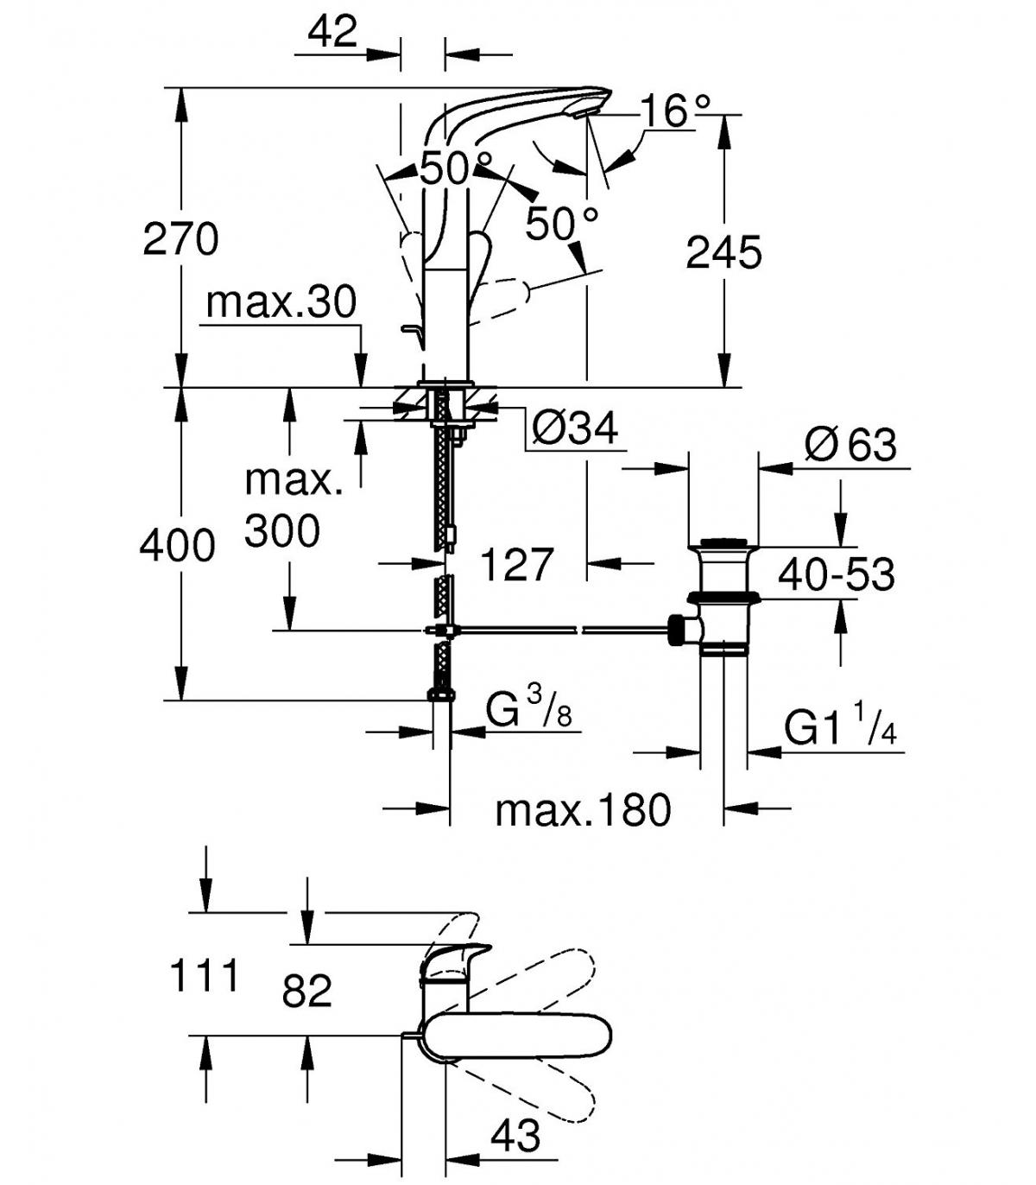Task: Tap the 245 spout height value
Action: click(724, 252)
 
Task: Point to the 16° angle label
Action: click(675, 111)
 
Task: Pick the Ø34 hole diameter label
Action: click(575, 428)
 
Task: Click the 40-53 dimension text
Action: click(837, 575)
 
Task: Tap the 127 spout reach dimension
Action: click(517, 565)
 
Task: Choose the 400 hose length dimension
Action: click(178, 546)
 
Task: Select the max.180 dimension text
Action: click(584, 810)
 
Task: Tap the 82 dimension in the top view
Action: click(307, 991)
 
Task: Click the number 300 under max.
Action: click(281, 530)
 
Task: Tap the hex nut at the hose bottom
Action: click(442, 695)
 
